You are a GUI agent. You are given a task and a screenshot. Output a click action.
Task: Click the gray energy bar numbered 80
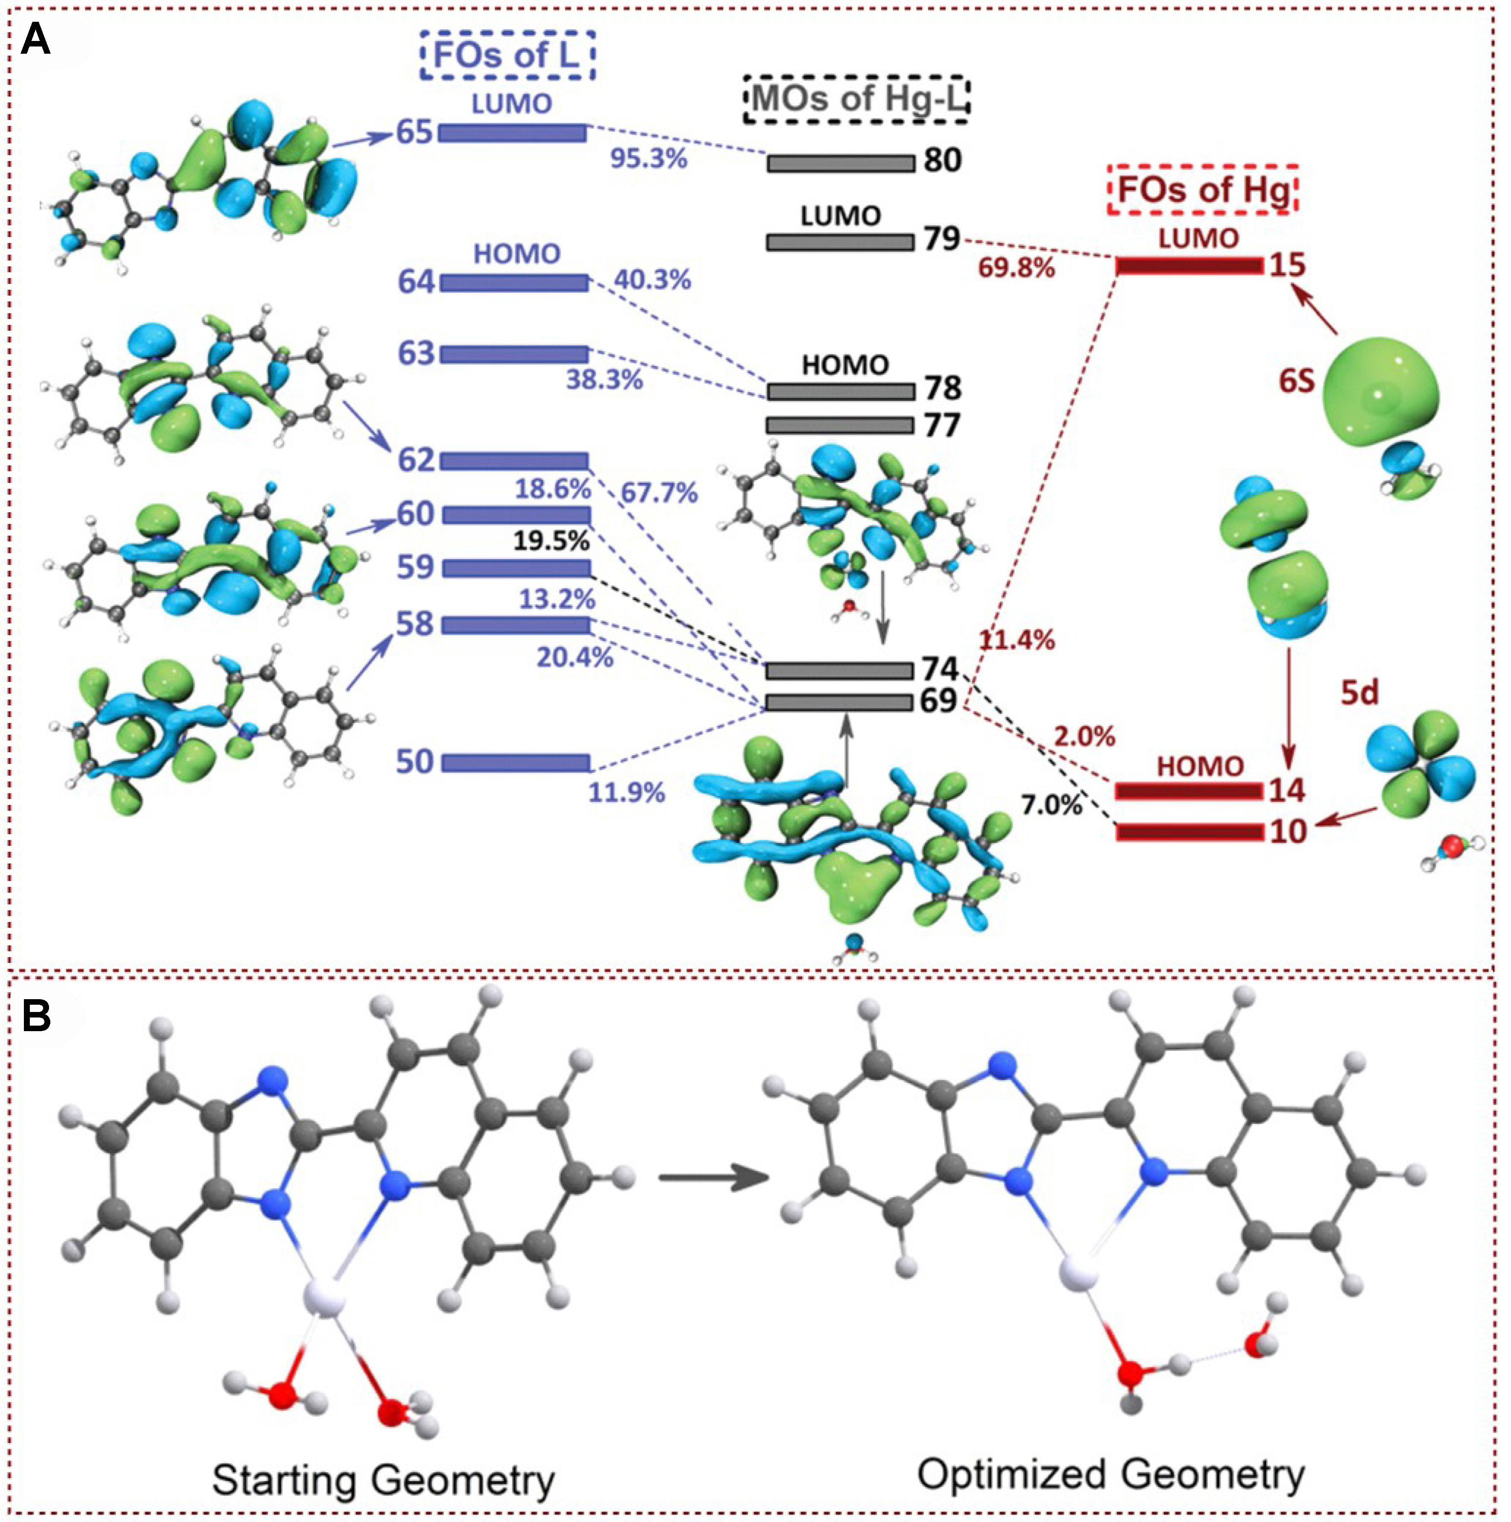[841, 163]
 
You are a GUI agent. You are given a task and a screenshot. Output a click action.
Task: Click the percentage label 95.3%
[648, 159]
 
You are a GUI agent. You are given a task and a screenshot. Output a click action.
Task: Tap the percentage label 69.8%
[1016, 268]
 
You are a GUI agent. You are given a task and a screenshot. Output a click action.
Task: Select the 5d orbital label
[1360, 692]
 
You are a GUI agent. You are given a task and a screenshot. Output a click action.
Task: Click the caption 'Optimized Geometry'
[1111, 1473]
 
